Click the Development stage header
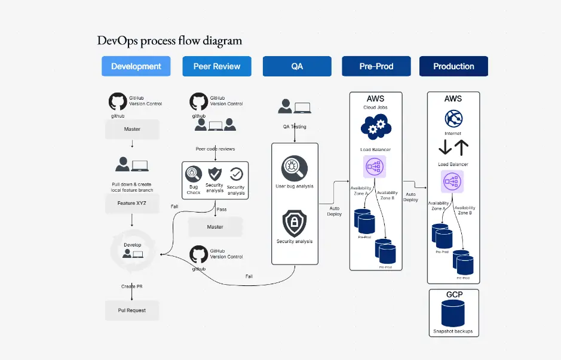point(136,66)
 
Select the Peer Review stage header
point(217,66)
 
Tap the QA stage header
point(297,66)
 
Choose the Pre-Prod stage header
point(376,66)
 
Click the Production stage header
point(453,66)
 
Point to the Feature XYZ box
point(132,203)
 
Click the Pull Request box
point(132,310)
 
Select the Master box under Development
point(132,129)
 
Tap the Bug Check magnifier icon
point(194,174)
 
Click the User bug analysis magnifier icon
point(295,166)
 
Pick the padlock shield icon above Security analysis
point(295,223)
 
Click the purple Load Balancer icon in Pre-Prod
point(375,167)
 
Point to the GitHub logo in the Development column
point(118,101)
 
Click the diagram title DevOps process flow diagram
point(170,41)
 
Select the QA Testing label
point(295,127)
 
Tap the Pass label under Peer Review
point(221,210)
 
